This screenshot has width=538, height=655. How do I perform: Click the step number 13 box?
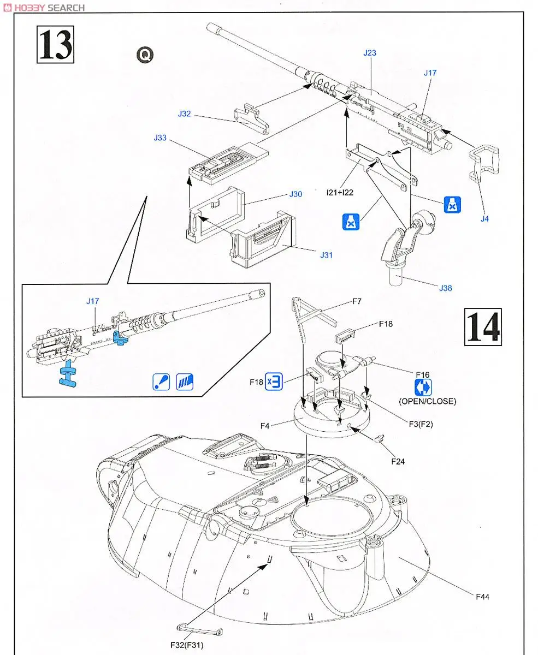pos(55,45)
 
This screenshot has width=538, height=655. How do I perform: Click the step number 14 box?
pos(482,327)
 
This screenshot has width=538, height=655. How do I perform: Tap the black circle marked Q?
pos(145,55)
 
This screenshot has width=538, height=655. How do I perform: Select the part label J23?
pos(370,53)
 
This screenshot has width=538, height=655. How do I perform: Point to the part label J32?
pos(184,114)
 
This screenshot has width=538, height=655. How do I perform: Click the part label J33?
pos(160,138)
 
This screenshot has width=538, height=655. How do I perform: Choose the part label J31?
pos(327,255)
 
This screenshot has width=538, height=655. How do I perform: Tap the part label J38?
pos(446,288)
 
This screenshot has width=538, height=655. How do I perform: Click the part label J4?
pos(485,219)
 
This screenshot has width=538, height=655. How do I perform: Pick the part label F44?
pos(482,597)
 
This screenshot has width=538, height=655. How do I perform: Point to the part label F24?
pos(399,461)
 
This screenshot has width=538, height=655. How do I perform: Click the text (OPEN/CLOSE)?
pos(427,401)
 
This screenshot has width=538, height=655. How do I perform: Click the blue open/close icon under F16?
pos(423,388)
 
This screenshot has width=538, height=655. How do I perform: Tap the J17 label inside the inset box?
pos(93,301)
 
